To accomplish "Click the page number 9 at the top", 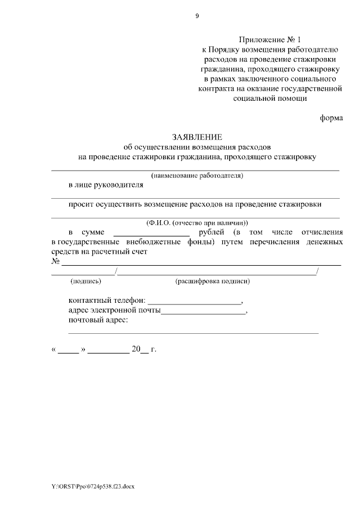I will (197, 16).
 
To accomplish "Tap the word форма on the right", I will (331, 118).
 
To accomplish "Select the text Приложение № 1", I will (270, 40).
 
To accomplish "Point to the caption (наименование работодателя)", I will (197, 176).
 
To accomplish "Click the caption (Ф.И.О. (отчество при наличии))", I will (197, 223).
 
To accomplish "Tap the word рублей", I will (212, 232).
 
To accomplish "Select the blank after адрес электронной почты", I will (204, 311).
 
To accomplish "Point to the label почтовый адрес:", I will (98, 320).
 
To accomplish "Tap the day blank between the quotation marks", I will (69, 350).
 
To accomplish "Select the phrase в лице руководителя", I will (106, 185).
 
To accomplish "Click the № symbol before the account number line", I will (56, 262).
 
